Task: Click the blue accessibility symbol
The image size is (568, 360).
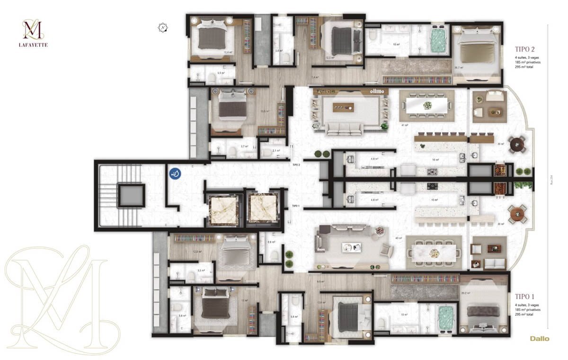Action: tap(175, 174)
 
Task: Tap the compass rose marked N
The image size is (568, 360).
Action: tap(163, 27)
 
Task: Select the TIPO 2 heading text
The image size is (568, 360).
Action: tap(525, 48)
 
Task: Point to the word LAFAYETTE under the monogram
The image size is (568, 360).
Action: tap(35, 45)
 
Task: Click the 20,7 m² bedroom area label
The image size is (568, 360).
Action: tap(458, 68)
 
